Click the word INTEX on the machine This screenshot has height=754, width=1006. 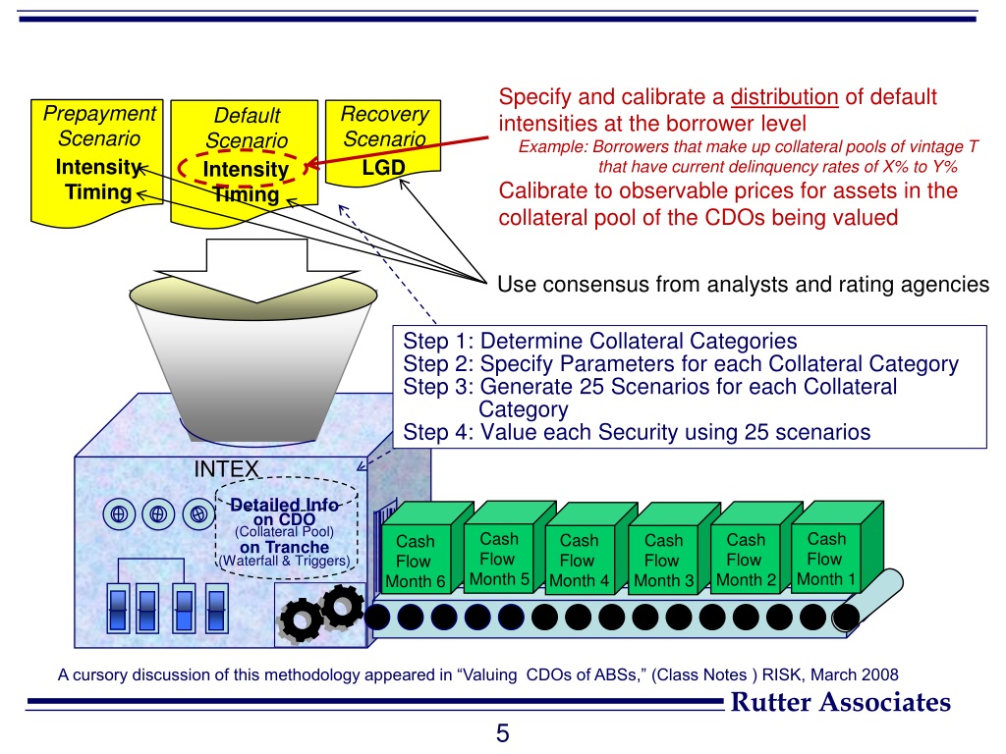click(x=226, y=469)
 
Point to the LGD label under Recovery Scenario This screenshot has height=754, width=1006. click(x=384, y=168)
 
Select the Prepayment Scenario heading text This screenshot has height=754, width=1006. click(x=99, y=126)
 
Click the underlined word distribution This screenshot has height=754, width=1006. click(x=784, y=97)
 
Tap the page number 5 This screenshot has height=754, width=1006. click(x=502, y=732)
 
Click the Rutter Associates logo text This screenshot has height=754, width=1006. click(x=841, y=702)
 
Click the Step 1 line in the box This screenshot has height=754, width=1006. click(x=600, y=341)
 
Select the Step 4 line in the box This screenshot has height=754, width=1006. click(x=637, y=432)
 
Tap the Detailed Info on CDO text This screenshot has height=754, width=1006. click(x=284, y=512)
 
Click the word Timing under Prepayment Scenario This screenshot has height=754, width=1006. click(x=99, y=191)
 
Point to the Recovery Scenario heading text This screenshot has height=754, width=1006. click(x=384, y=127)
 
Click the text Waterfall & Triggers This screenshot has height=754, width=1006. click(x=285, y=561)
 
